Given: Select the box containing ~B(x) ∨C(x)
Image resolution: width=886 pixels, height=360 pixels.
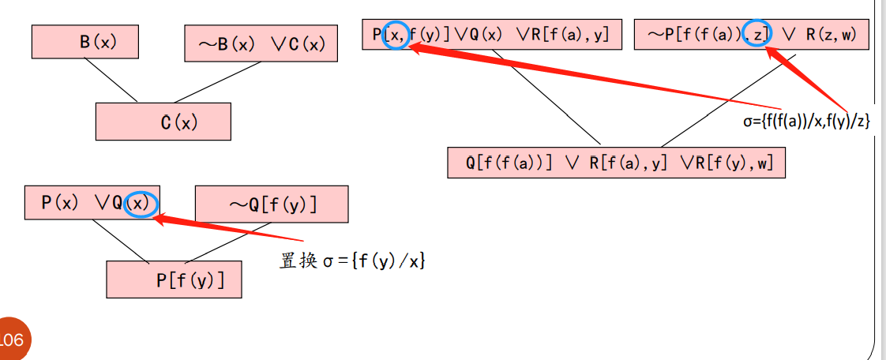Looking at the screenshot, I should click(x=261, y=44).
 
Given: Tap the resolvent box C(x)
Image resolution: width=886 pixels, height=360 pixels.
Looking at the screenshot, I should click(x=163, y=122).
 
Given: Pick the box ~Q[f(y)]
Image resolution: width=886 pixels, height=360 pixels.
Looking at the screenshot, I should click(x=271, y=204).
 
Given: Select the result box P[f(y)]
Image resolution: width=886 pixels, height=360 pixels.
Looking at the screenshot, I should click(x=174, y=279).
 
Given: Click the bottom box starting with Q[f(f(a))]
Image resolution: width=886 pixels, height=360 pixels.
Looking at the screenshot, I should click(x=616, y=163).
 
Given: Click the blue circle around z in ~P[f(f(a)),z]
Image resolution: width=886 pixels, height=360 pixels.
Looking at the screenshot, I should click(x=756, y=33).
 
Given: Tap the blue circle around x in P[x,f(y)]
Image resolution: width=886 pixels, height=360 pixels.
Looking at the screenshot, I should click(x=396, y=34).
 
